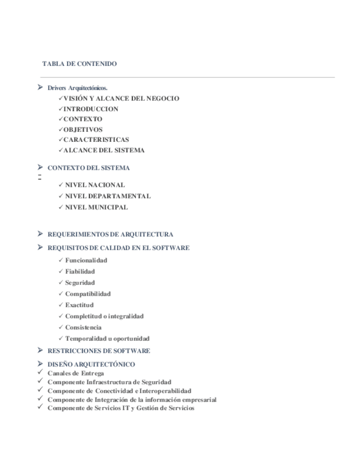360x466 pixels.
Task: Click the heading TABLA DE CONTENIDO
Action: [x=79, y=64]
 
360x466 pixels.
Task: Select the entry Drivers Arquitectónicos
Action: [x=77, y=88]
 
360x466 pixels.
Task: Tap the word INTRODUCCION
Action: [x=91, y=109]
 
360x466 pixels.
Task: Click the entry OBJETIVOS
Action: [x=83, y=130]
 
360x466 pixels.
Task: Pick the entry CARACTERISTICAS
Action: [x=96, y=140]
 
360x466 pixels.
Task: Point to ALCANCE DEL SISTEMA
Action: [x=104, y=150]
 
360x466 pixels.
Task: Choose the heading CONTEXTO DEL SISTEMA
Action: [x=88, y=168]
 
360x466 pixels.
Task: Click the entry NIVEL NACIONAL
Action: [x=95, y=185]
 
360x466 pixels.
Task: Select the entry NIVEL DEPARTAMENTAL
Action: [x=108, y=196]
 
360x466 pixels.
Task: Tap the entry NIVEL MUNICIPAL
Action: [x=97, y=207]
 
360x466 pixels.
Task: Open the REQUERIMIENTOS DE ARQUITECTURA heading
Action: [x=110, y=235]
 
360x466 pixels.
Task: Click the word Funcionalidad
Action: [x=86, y=260]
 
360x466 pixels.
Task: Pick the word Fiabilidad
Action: [x=80, y=271]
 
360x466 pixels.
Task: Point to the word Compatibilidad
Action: [x=88, y=293]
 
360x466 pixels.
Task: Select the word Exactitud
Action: [x=80, y=305]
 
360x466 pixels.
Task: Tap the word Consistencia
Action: [x=84, y=328]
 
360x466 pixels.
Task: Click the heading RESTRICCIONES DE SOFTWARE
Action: [x=99, y=351]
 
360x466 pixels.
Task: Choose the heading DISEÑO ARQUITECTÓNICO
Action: [x=91, y=364]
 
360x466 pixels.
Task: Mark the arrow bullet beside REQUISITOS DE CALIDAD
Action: [x=40, y=247]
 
